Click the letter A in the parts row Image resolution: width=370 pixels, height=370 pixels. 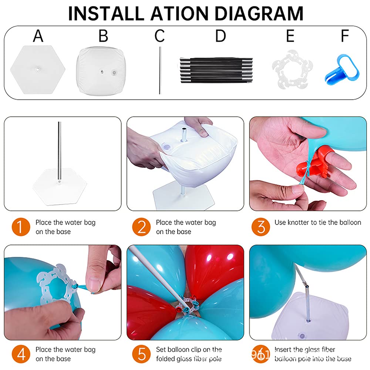coord(38,36)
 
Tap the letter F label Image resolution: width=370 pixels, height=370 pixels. coord(345,36)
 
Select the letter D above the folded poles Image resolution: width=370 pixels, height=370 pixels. coord(221,36)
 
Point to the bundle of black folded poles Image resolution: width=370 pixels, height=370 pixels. coord(216,70)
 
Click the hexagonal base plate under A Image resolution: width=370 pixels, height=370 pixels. coord(37,70)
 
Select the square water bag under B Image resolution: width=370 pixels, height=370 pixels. coord(101,71)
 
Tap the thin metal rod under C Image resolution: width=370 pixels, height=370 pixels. coord(160,70)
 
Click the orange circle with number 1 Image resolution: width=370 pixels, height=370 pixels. coord(21,227)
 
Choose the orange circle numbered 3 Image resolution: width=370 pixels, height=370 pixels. coord(260,227)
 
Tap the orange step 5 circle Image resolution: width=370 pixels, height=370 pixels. coord(141,354)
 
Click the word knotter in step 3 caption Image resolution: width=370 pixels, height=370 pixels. coord(298,222)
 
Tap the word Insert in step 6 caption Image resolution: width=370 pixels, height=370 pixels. coord(283,349)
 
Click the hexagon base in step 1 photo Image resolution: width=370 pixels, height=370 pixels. coord(60,186)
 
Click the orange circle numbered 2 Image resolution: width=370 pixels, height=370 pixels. coord(141,227)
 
